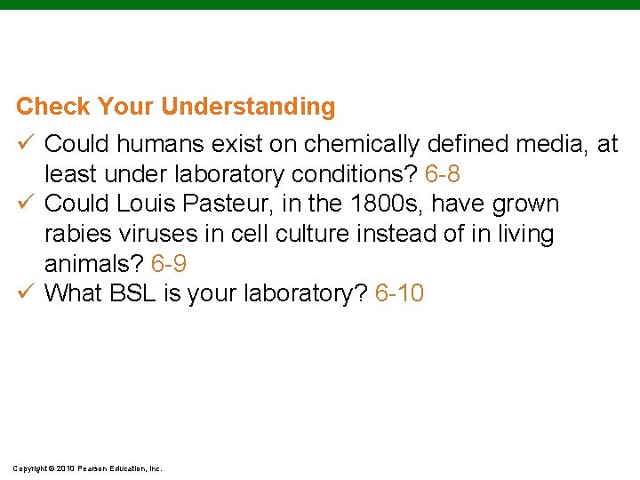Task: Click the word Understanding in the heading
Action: point(248,108)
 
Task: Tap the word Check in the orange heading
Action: point(53,108)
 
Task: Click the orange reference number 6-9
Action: point(169,264)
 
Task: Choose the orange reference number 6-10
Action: point(399,293)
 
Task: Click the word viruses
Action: point(155,234)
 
